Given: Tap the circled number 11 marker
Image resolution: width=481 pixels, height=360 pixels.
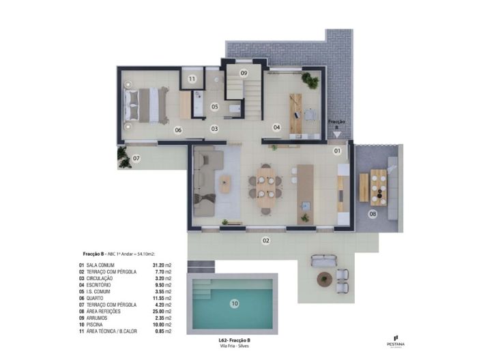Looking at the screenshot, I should click(x=192, y=79).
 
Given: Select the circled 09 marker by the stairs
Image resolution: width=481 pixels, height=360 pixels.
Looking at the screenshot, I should click(x=244, y=73).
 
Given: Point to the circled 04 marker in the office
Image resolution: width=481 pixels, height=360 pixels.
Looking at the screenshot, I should click(x=277, y=127).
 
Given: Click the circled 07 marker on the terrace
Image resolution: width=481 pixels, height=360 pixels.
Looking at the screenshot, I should click(x=136, y=159).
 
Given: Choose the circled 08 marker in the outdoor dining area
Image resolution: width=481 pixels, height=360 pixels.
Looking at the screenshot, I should click(x=373, y=214).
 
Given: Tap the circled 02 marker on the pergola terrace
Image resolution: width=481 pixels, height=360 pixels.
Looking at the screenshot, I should click(x=266, y=240).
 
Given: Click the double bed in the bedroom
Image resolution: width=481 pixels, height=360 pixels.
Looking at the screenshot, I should click(x=147, y=104).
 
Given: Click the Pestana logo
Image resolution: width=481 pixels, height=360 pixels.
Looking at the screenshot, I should click(x=396, y=339).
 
